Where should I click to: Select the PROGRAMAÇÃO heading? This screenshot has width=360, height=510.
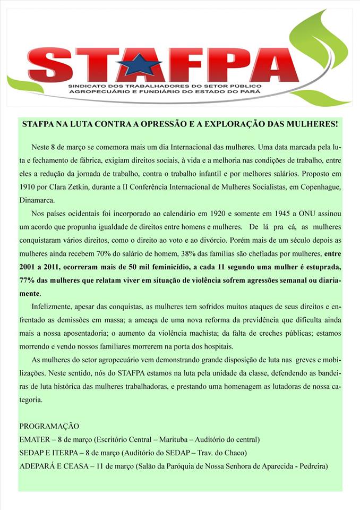point(49,426)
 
